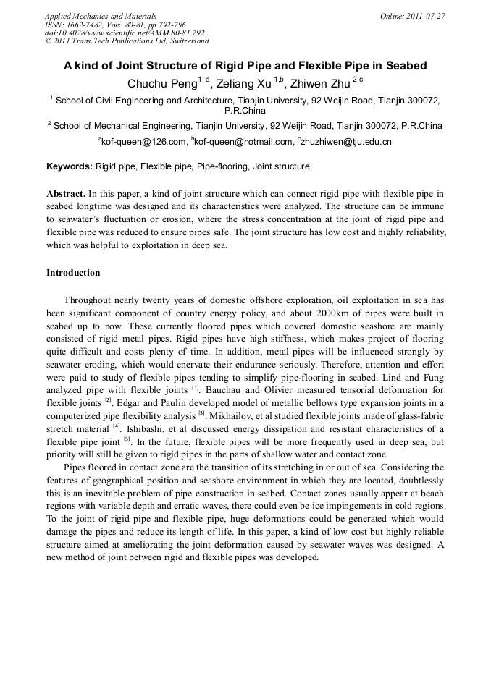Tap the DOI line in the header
tap(125, 33)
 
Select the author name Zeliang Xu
tap(244, 83)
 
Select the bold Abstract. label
tap(67, 194)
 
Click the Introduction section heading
tap(73, 273)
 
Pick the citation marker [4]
tap(116, 426)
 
